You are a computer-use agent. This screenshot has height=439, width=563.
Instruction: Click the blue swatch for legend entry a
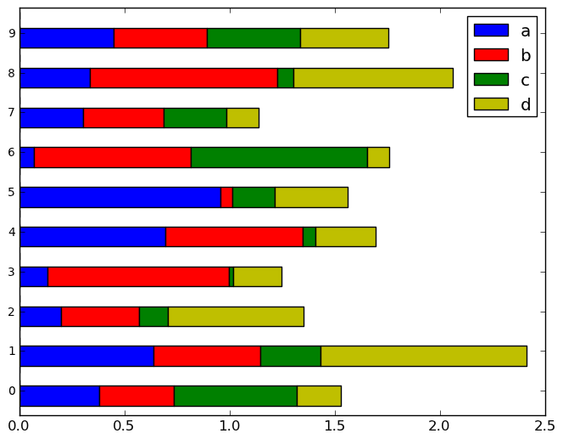491,31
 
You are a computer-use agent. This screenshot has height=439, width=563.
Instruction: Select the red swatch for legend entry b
491,55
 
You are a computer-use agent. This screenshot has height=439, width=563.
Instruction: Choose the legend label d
526,104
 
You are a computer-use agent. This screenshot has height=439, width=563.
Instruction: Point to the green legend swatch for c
491,79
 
